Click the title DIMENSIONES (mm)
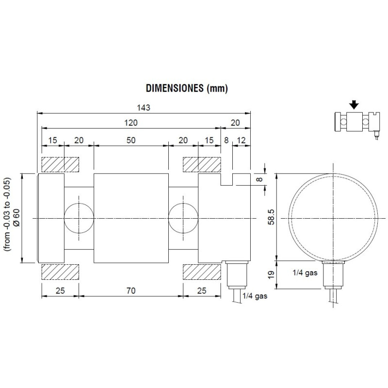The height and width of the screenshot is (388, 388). (187, 89)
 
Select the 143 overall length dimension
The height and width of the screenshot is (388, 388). (144, 108)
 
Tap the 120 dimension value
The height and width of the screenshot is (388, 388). (131, 123)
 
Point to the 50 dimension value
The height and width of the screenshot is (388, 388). (131, 140)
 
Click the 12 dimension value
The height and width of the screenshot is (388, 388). (241, 140)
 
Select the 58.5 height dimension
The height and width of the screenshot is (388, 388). (272, 217)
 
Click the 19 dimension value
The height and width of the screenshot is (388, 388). (272, 275)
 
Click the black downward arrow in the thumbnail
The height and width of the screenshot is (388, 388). (354, 104)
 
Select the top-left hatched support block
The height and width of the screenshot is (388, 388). (60, 165)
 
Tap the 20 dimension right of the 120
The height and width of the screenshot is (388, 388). (236, 123)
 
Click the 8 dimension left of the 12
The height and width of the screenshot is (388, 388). (226, 140)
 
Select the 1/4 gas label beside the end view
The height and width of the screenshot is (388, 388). (305, 273)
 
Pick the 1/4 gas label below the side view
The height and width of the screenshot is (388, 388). (255, 295)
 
